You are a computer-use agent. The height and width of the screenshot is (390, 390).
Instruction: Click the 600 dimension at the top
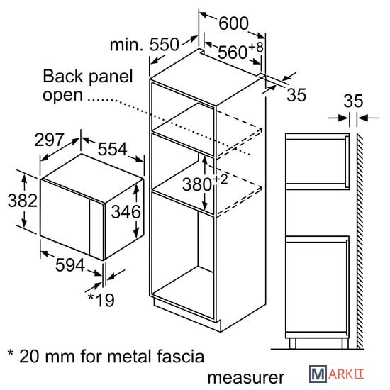233,23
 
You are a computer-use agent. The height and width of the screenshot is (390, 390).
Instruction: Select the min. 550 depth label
144,45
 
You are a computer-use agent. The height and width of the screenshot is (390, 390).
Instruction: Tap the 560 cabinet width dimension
233,52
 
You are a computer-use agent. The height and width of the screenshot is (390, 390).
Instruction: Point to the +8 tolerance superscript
256,47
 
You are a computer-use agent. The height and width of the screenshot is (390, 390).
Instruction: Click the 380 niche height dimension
197,184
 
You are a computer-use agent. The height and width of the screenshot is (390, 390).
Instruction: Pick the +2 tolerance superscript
221,179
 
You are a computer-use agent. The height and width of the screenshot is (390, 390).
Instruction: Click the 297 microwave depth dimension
49,140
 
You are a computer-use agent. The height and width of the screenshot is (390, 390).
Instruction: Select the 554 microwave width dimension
113,149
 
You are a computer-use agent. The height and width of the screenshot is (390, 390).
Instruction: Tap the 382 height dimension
23,201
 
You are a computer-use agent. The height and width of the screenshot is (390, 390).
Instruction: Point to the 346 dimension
126,212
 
